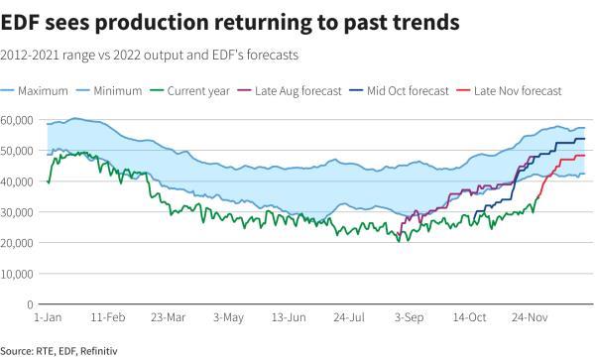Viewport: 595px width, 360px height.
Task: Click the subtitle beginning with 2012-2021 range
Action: [149, 55]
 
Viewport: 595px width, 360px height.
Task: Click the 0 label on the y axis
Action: [30, 304]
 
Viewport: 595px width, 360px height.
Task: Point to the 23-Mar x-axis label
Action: [169, 318]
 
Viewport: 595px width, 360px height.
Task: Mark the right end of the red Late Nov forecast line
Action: [584, 155]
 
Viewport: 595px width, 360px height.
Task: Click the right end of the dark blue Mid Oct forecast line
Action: [584, 139]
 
